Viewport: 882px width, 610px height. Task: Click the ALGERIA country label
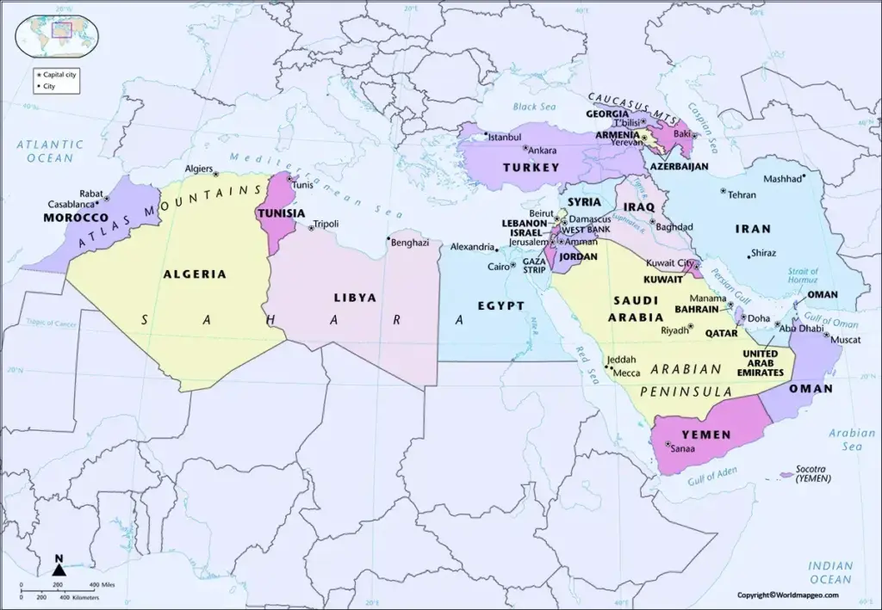pos(194,274)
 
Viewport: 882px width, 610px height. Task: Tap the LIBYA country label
pos(355,297)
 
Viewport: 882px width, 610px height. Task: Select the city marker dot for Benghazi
pos(389,238)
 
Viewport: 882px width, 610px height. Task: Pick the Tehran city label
pos(742,195)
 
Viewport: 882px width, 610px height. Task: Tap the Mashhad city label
pos(781,180)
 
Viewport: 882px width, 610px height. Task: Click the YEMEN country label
pos(706,434)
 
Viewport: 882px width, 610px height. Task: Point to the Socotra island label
pos(811,471)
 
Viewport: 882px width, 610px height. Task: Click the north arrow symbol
pos(59,567)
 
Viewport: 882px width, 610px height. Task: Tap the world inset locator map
pos(58,32)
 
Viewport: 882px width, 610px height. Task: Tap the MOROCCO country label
pos(76,219)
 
